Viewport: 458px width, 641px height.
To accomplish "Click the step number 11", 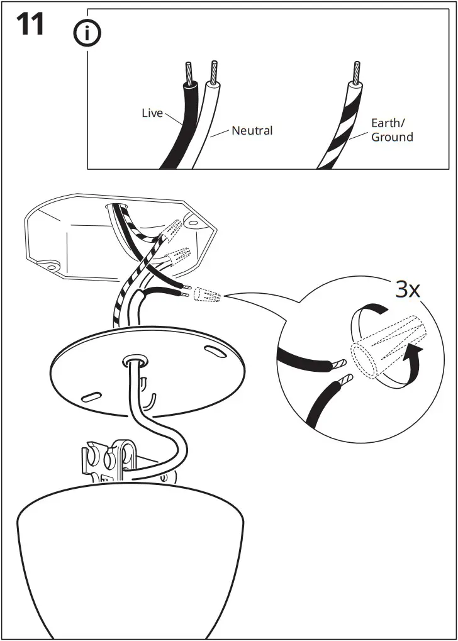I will click(x=30, y=25).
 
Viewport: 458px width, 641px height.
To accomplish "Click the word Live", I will click(x=152, y=113).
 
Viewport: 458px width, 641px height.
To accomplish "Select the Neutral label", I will click(x=252, y=131).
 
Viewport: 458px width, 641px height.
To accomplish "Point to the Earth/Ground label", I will click(x=391, y=130).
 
